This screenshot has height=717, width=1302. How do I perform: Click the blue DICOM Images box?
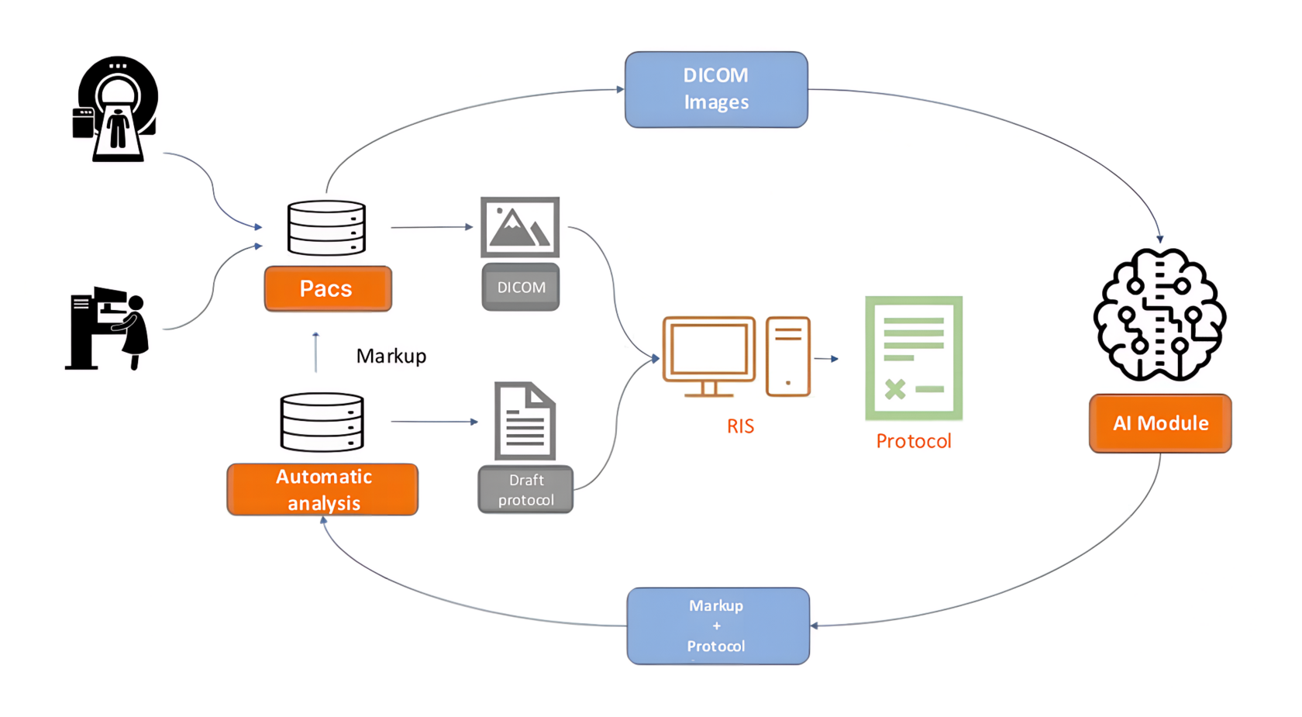point(716,89)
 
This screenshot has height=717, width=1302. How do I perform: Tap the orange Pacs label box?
point(328,288)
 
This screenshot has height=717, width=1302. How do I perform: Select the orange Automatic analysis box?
point(322,489)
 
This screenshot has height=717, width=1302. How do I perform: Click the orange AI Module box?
point(1159,423)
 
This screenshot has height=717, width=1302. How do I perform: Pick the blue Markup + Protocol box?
point(718,626)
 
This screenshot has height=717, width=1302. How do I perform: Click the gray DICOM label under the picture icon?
point(521,287)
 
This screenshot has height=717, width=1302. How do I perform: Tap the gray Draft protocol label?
point(525,489)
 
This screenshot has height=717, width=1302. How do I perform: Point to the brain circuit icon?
point(1159,314)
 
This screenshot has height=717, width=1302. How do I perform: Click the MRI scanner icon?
point(116,109)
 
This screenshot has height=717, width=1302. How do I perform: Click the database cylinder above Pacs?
point(326,228)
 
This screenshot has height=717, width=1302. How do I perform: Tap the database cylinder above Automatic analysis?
point(322,422)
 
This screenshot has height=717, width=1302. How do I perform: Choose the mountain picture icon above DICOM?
point(520,227)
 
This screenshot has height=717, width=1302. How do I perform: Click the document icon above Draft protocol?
point(525,421)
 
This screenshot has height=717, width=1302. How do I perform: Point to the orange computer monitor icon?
point(708,356)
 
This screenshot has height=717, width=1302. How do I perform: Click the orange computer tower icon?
point(787,356)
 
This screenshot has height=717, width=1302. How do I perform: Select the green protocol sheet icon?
point(914,358)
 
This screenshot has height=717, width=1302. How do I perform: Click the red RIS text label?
point(740,426)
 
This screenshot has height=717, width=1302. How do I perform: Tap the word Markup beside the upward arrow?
point(391,356)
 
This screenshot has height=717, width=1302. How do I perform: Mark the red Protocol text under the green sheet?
point(913,441)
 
